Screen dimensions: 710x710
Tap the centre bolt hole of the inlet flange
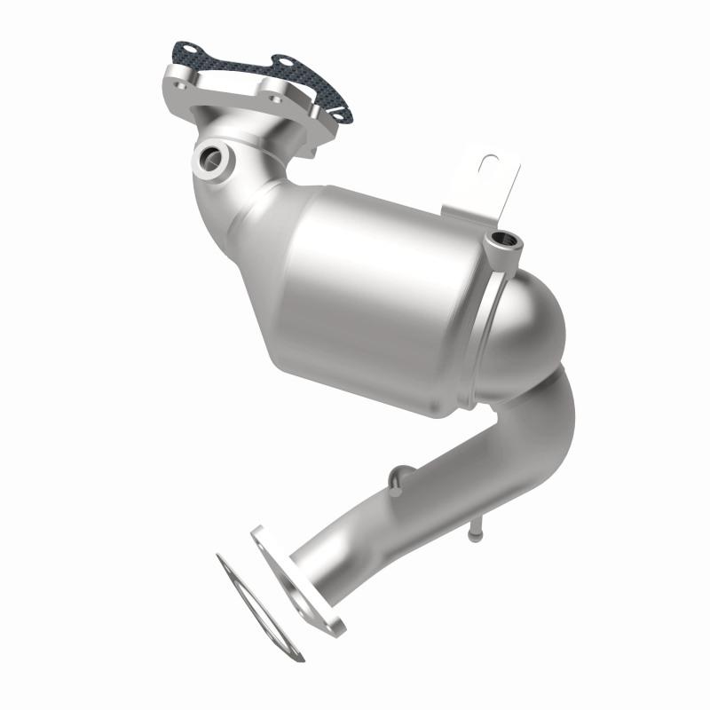click(271, 87)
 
